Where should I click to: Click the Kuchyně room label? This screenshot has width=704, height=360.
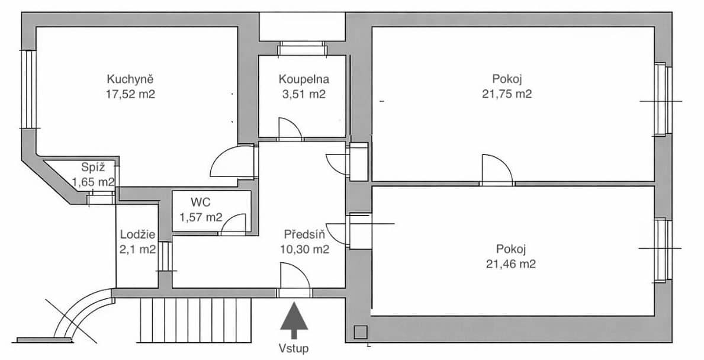(x=130, y=79)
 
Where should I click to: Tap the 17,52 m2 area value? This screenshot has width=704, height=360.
(x=130, y=94)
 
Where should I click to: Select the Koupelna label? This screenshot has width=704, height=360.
(x=304, y=80)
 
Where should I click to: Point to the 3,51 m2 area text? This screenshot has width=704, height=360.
(x=304, y=94)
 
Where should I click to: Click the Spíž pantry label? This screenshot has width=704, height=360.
(x=93, y=168)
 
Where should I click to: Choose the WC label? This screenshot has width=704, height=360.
(x=200, y=201)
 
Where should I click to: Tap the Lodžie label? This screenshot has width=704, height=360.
(x=138, y=234)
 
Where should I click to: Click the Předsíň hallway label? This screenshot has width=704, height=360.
(x=304, y=234)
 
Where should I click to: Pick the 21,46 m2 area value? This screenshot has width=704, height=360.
(x=511, y=264)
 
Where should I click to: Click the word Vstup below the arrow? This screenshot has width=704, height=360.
(x=294, y=348)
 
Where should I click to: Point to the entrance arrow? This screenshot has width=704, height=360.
(x=294, y=320)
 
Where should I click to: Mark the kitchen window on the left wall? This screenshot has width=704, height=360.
(x=28, y=89)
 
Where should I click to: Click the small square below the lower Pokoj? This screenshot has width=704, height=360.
(x=360, y=332)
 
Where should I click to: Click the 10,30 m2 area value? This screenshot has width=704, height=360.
(x=304, y=249)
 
